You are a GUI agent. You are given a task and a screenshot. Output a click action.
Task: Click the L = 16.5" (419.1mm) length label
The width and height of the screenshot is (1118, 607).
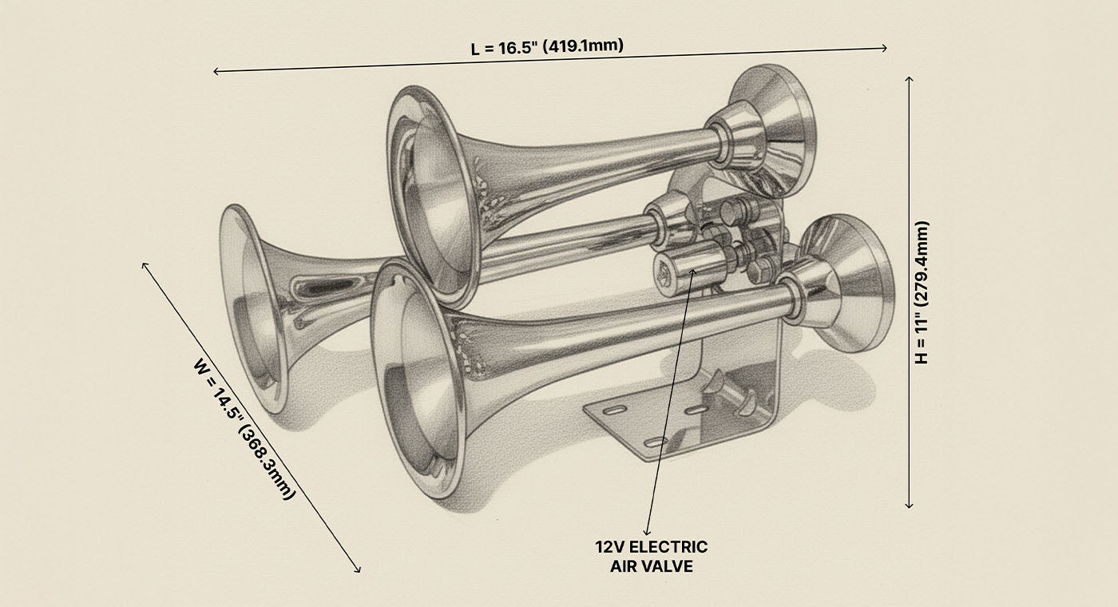[547, 46]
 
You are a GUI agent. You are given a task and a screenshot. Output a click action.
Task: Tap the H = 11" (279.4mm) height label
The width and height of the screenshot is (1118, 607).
[922, 292]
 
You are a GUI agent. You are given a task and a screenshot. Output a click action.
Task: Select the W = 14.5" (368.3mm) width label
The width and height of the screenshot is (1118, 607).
[244, 429]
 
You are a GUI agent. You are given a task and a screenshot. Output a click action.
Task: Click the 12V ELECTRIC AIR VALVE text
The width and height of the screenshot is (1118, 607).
[651, 557]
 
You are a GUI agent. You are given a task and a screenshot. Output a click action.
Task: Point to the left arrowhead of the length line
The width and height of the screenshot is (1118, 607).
[216, 72]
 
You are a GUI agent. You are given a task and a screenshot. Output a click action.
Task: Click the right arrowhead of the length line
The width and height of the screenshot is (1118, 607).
[885, 48]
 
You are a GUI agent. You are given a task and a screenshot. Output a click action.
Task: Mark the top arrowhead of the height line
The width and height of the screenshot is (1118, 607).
[909, 78]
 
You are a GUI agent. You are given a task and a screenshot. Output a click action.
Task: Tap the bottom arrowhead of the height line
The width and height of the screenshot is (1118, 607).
[909, 505]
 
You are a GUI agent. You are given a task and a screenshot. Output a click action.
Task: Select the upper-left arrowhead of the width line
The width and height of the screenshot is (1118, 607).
[145, 264]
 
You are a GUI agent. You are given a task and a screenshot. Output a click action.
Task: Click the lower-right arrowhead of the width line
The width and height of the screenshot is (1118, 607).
[359, 570]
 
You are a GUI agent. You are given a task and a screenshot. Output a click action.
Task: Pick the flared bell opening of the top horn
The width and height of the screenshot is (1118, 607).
[431, 192]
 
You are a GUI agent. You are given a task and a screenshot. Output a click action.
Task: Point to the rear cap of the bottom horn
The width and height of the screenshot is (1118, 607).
[846, 284]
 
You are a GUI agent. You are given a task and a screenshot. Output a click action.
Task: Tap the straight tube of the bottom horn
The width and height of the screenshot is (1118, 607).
[639, 323]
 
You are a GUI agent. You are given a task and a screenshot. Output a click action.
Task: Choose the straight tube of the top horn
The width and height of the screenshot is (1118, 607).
[607, 160]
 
